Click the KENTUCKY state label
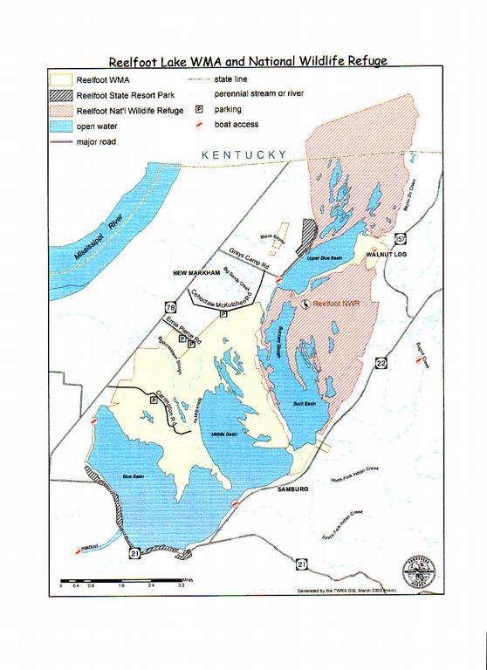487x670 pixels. (x=243, y=154)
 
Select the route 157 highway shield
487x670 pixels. (x=401, y=237)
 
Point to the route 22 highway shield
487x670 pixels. (x=382, y=363)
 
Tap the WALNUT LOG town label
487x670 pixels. (x=387, y=253)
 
